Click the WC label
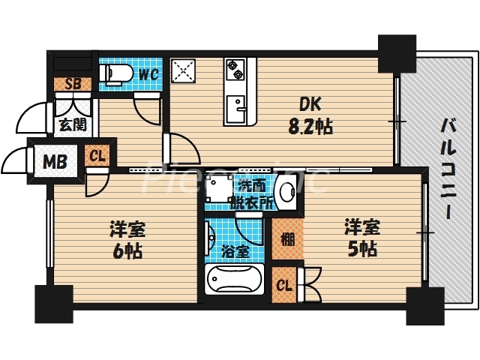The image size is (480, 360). pyautogui.click(x=147, y=74)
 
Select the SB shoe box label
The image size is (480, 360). pyautogui.click(x=73, y=84)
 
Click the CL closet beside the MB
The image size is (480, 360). pyautogui.click(x=97, y=157)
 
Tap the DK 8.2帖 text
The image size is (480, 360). pyautogui.click(x=307, y=116)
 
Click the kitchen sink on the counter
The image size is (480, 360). pyautogui.click(x=239, y=111)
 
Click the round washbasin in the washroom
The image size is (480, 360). pyautogui.click(x=286, y=193)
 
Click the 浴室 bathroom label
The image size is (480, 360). pyautogui.click(x=237, y=250)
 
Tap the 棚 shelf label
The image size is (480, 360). pyautogui.click(x=287, y=238)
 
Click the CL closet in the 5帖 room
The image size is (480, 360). pyautogui.click(x=285, y=284)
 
